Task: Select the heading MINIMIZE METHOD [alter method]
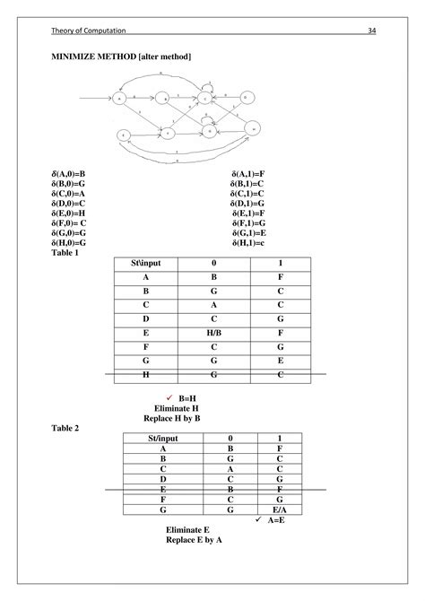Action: [x=120, y=57]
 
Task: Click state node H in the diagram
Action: [x=254, y=129]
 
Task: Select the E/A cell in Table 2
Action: [x=281, y=509]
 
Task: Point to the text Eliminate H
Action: [x=176, y=407]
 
